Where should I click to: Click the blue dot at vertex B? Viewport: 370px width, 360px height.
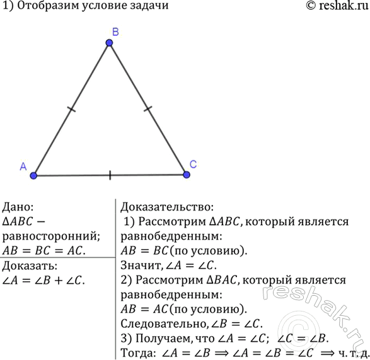click(x=109, y=43)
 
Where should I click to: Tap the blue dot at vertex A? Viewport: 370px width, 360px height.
click(x=33, y=176)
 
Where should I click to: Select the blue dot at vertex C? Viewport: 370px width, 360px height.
click(x=187, y=175)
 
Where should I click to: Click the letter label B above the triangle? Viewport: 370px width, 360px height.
click(x=115, y=32)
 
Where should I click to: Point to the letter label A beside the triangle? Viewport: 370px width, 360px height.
click(x=23, y=166)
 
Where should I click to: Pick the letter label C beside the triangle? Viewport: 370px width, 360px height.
click(x=193, y=165)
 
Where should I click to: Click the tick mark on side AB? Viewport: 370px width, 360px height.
click(x=71, y=109)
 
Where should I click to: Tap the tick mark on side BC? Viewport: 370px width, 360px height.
click(x=147, y=109)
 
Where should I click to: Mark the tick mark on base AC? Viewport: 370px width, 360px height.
click(x=110, y=175)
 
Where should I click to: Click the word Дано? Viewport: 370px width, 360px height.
click(x=18, y=207)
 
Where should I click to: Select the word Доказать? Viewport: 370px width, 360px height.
click(x=30, y=266)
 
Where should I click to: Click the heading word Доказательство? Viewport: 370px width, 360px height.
click(x=167, y=207)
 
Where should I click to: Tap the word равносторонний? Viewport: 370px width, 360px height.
click(x=51, y=236)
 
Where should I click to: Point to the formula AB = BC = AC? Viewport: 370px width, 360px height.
click(x=44, y=251)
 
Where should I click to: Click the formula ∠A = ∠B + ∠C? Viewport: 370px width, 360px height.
click(x=43, y=281)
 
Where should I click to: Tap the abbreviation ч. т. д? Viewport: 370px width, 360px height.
click(x=354, y=353)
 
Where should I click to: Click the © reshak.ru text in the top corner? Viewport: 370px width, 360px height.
click(x=337, y=6)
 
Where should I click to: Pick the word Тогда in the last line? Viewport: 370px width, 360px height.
click(x=138, y=353)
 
